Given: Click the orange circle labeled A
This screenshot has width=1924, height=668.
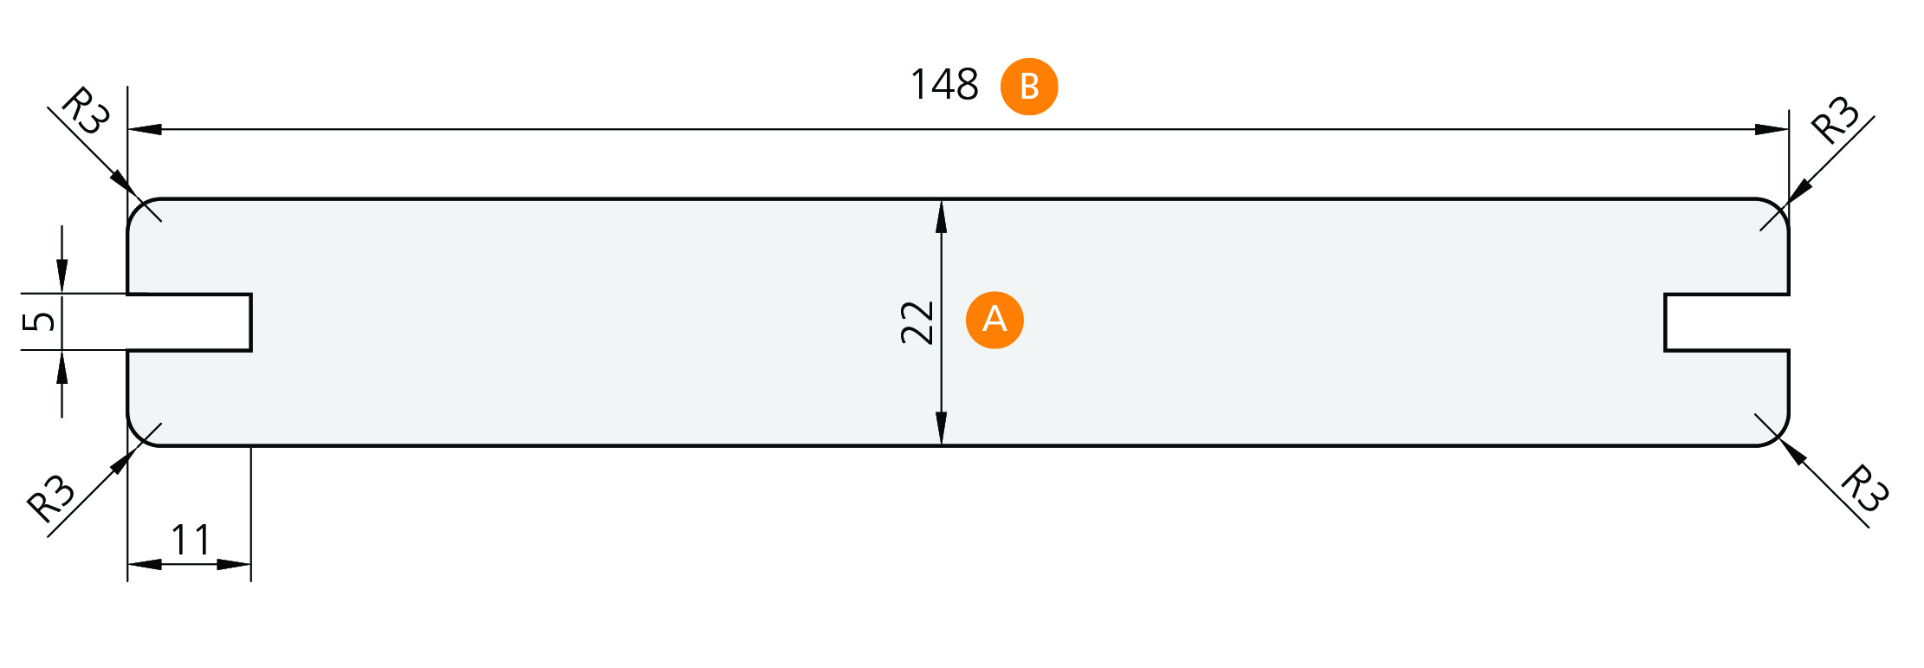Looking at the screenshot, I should (x=994, y=320).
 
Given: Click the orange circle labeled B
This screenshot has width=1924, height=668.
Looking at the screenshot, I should (x=1029, y=87).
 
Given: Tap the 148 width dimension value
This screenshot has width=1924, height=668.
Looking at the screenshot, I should (x=944, y=85).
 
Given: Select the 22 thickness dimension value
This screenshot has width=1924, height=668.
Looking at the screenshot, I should (x=917, y=323).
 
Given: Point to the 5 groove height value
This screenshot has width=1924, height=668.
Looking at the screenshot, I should (x=39, y=321).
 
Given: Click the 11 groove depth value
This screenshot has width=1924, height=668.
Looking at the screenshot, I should (x=191, y=541).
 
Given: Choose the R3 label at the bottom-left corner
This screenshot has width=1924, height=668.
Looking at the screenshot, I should (x=51, y=498).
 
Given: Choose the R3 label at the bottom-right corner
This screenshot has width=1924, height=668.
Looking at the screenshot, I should (x=1863, y=489).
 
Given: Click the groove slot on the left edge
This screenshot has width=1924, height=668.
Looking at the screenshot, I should (x=189, y=322).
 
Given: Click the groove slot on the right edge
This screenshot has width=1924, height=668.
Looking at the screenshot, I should (x=1726, y=322).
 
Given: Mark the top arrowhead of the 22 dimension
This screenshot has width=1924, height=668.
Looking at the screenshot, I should (x=942, y=217).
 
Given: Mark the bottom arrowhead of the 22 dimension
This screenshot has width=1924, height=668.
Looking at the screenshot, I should (x=942, y=428).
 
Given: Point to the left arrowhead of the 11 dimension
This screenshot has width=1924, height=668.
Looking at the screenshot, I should (x=145, y=564).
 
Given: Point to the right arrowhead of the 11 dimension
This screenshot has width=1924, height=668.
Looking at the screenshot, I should (x=234, y=564).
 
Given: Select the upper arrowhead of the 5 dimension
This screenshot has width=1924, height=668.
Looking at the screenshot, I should (x=62, y=276).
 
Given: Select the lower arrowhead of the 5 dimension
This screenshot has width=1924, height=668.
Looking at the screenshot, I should (x=62, y=367).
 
